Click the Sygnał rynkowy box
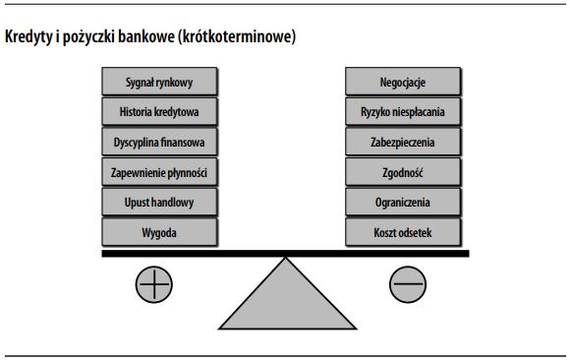click(x=159, y=81)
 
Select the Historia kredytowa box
click(x=159, y=111)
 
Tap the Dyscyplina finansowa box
click(x=159, y=142)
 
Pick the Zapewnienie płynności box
click(x=159, y=172)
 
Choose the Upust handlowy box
click(x=159, y=203)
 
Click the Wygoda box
click(x=159, y=233)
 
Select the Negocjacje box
click(x=402, y=81)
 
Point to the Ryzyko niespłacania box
click(x=402, y=111)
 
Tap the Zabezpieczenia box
click(x=402, y=142)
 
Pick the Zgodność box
click(x=402, y=172)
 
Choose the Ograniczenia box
click(x=402, y=203)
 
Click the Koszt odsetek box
click(x=402, y=233)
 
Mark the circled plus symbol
click(x=153, y=285)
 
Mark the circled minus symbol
click(x=407, y=285)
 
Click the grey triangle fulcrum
click(x=286, y=300)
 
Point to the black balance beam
click(x=286, y=253)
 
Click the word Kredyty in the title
click(x=28, y=37)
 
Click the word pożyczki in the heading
click(x=89, y=37)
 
